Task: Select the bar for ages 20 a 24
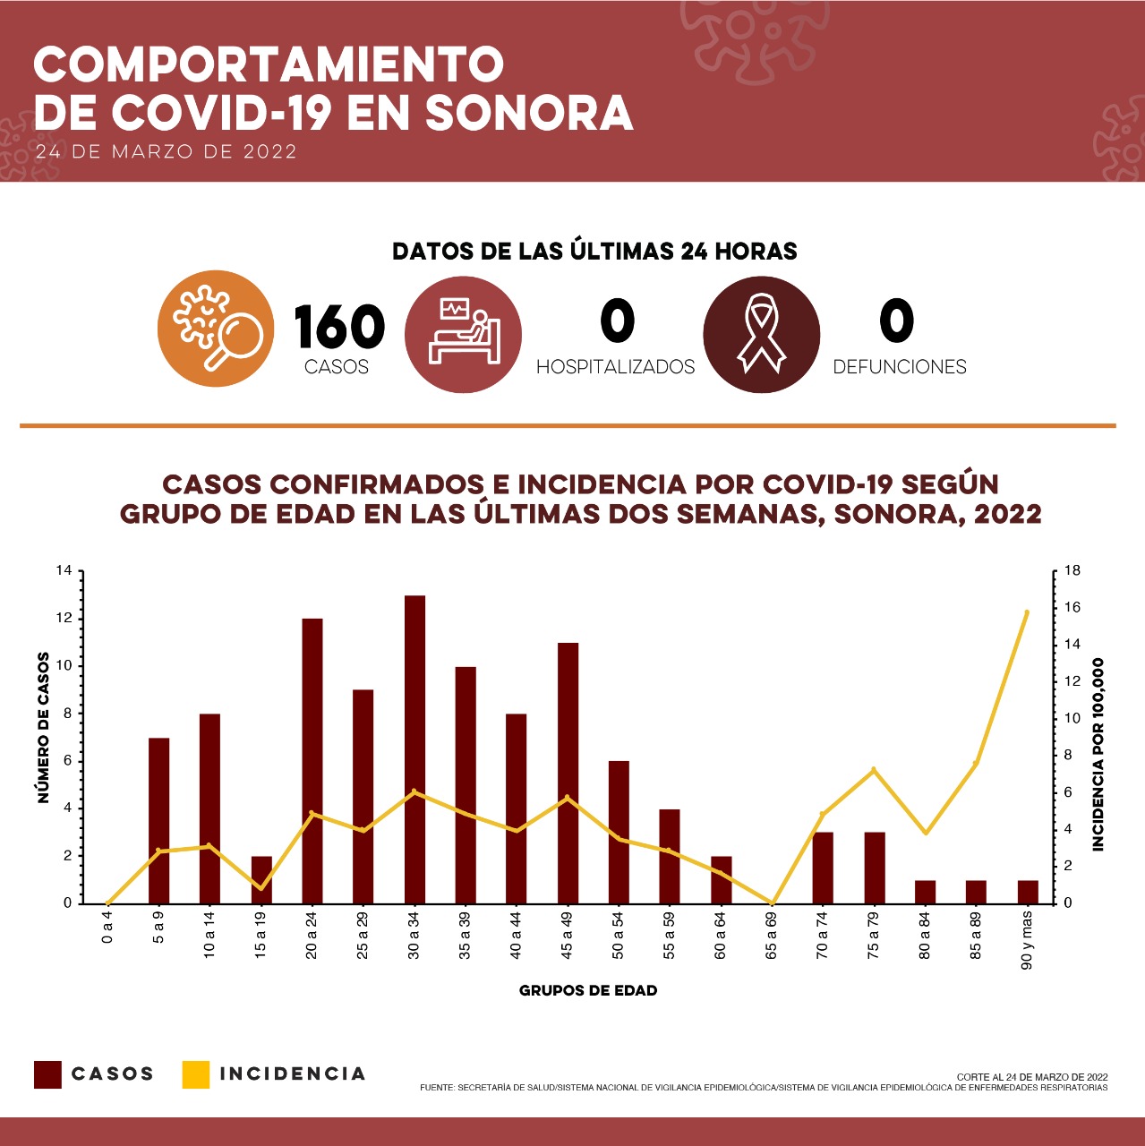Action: coord(312,761)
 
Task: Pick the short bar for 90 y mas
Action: coord(1028,892)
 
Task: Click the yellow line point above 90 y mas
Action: coord(1027,612)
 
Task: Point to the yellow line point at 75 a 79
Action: coord(874,770)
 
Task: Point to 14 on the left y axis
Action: coord(64,571)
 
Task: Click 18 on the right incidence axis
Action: coord(1072,571)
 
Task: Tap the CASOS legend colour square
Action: coord(47,1074)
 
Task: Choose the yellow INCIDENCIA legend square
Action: coord(195,1074)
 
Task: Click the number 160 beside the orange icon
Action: coord(339,327)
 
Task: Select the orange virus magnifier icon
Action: coord(216,329)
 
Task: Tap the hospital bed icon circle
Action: coord(463,334)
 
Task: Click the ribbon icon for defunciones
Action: coord(761,334)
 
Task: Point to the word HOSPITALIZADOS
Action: coord(615,367)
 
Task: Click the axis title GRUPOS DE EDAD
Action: coord(588,991)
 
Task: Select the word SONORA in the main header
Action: coord(528,113)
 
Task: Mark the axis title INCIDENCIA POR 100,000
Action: coord(1098,754)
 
